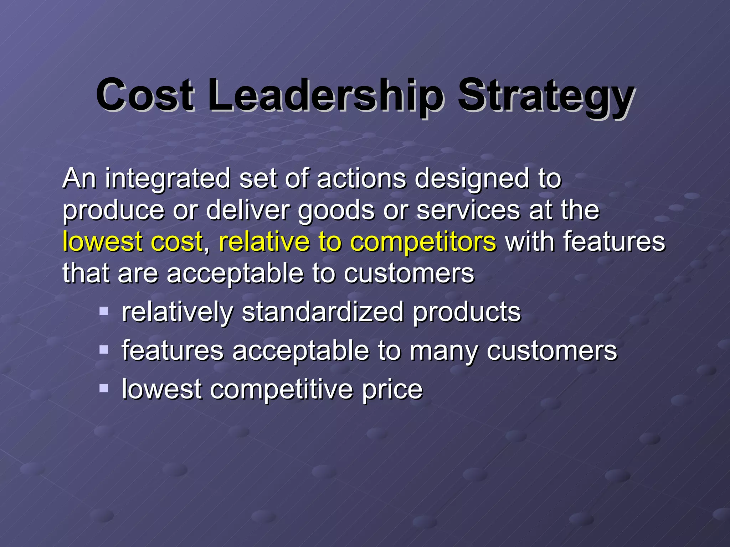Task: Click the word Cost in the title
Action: pyautogui.click(x=145, y=95)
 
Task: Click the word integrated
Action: pyautogui.click(x=168, y=179)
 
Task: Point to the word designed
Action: pyautogui.click(x=472, y=179)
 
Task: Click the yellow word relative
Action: pyautogui.click(x=264, y=241)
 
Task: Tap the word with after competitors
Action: pyautogui.click(x=530, y=241)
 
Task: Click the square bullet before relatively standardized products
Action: pyautogui.click(x=104, y=311)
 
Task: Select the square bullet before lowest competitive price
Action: pyautogui.click(x=104, y=388)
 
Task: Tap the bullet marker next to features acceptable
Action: pyautogui.click(x=104, y=350)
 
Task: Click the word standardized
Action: pyautogui.click(x=323, y=312)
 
